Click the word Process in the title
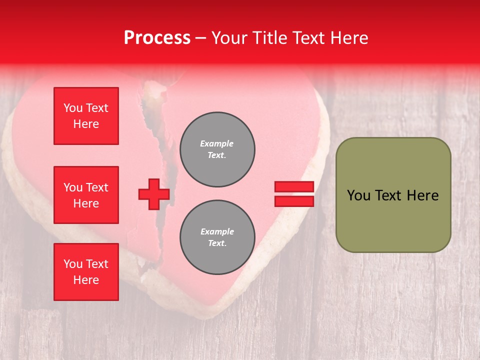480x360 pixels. click(x=157, y=38)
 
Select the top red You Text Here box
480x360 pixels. click(x=86, y=116)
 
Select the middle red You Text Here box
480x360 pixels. click(x=86, y=195)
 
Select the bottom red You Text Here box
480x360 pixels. click(x=86, y=272)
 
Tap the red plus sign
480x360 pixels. click(x=153, y=194)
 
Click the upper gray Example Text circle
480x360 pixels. click(x=217, y=149)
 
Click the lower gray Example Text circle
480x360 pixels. click(x=217, y=237)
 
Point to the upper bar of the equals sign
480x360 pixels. click(x=294, y=186)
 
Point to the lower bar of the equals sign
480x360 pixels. click(x=294, y=201)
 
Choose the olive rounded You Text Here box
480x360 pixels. click(x=393, y=195)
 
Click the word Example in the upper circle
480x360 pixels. click(x=217, y=143)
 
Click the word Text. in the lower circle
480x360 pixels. click(x=217, y=243)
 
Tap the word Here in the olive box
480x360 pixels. click(x=422, y=195)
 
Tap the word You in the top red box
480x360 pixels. click(x=73, y=108)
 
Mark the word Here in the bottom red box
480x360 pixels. click(x=86, y=280)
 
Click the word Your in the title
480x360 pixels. click(x=229, y=38)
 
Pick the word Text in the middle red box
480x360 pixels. click(x=97, y=187)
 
